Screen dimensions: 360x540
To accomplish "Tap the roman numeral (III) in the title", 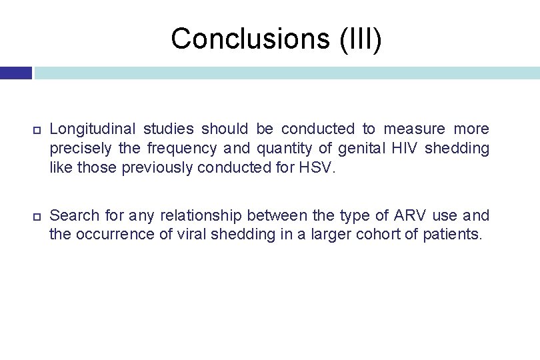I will (x=361, y=39).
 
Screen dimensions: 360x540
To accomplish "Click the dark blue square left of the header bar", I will (x=15, y=73).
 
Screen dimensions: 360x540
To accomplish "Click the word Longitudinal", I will (x=92, y=129).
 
